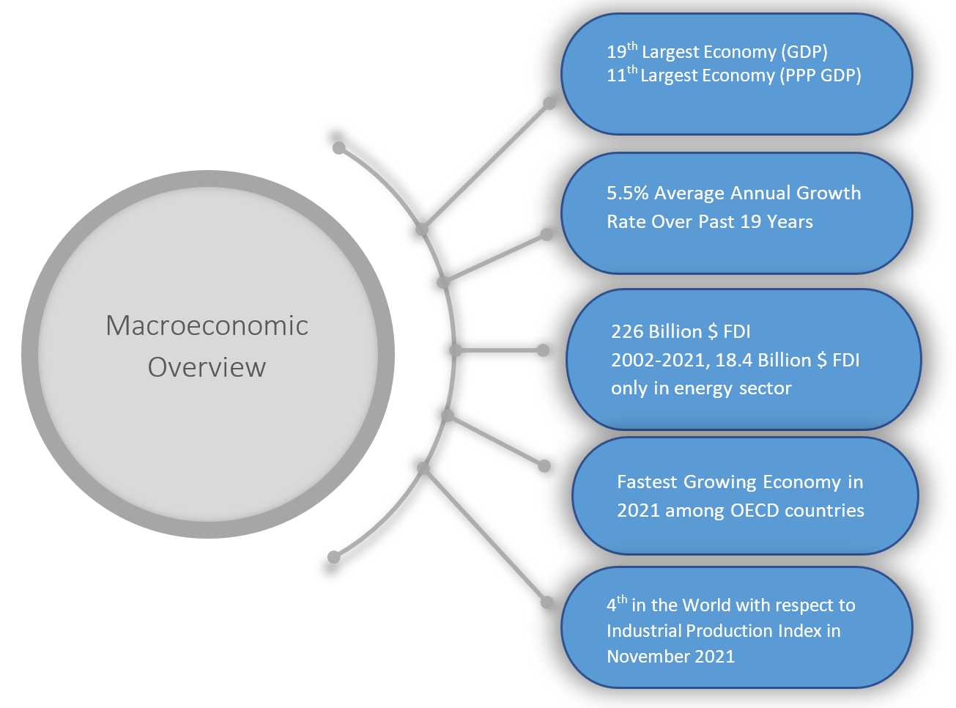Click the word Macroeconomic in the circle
coord(207,325)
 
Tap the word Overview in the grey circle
coord(207,367)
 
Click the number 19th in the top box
coord(622,51)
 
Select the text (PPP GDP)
coord(820,75)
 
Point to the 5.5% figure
coord(628,193)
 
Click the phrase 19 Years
coord(777,221)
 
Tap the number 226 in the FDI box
coord(627,331)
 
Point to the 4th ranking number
coord(617,604)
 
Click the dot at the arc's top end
coord(338,148)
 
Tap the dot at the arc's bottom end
coord(333,557)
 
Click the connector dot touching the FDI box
coord(543,350)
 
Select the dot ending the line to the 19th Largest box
coord(549,103)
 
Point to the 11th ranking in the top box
coord(622,75)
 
